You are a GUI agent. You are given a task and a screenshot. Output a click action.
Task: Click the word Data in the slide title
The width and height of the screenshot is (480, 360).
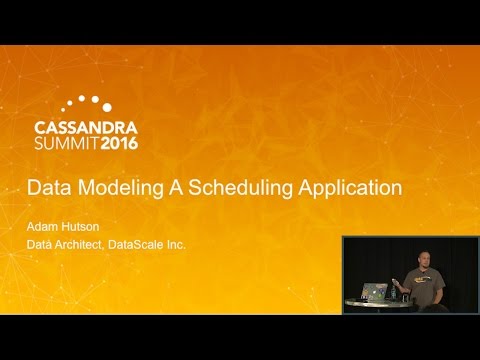(46, 187)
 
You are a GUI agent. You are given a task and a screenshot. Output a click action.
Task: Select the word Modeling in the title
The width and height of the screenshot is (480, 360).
(109, 187)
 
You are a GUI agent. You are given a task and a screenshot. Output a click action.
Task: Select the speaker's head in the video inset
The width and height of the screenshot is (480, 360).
(414, 257)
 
